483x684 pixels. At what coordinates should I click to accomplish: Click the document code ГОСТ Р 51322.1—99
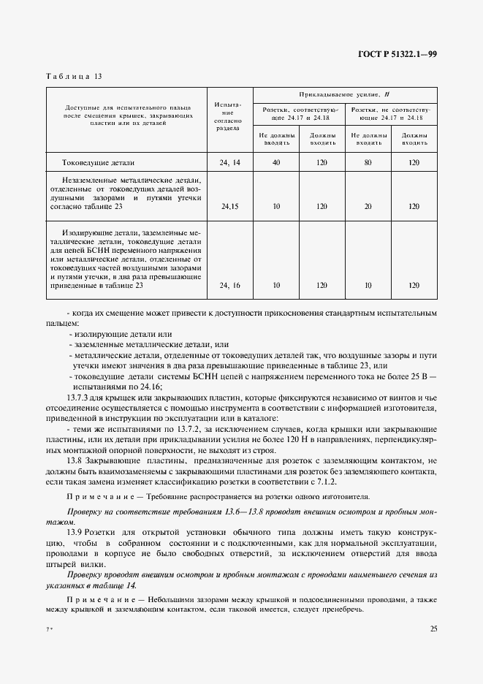[x=398, y=55]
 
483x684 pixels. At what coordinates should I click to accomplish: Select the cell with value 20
[x=368, y=207]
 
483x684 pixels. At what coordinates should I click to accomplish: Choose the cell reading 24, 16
[x=229, y=286]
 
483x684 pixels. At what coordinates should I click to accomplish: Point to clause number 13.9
[x=75, y=533]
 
